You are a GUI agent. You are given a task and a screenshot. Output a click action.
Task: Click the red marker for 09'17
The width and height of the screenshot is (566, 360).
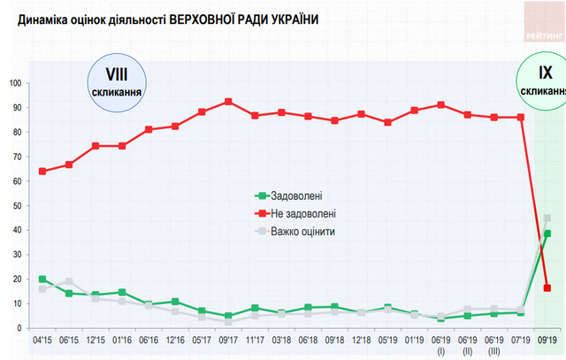229,102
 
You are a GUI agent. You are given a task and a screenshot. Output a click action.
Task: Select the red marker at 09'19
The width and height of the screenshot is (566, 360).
547,287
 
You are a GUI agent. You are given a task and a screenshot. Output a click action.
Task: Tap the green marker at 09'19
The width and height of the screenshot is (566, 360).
547,234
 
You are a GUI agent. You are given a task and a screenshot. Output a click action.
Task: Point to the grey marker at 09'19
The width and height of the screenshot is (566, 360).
547,218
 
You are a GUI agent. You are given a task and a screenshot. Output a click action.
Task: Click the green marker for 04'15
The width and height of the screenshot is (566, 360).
42,280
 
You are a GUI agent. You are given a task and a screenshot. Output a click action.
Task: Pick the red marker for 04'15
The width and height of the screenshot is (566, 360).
42,172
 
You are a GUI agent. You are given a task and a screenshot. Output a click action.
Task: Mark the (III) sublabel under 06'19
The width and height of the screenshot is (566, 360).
494,351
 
